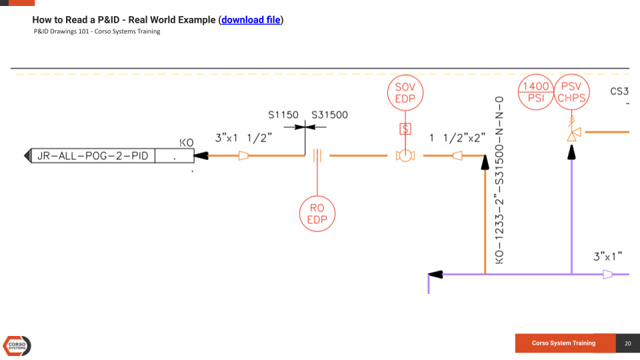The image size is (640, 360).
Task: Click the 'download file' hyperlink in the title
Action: (251, 20)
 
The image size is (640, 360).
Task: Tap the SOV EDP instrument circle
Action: (405, 93)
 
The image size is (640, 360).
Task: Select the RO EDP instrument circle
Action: (317, 214)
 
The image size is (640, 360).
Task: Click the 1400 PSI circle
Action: (536, 92)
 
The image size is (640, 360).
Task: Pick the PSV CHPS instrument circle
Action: (571, 92)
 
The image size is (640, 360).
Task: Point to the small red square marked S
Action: (405, 129)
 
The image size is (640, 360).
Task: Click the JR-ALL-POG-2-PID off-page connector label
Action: (93, 156)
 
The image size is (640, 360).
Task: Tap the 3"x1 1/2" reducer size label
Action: (243, 138)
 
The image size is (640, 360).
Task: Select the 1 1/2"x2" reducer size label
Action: (457, 138)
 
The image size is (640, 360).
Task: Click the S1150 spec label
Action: (283, 115)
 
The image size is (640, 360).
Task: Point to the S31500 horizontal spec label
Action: (329, 115)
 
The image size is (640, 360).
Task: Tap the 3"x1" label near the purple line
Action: (607, 257)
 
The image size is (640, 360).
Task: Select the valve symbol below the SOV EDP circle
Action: (405, 156)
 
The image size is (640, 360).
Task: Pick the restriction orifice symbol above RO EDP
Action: (317, 156)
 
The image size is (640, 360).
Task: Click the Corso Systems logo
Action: (17, 345)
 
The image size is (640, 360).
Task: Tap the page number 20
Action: (627, 343)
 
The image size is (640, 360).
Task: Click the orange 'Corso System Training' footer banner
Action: (563, 343)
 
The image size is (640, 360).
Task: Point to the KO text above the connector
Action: (187, 143)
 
